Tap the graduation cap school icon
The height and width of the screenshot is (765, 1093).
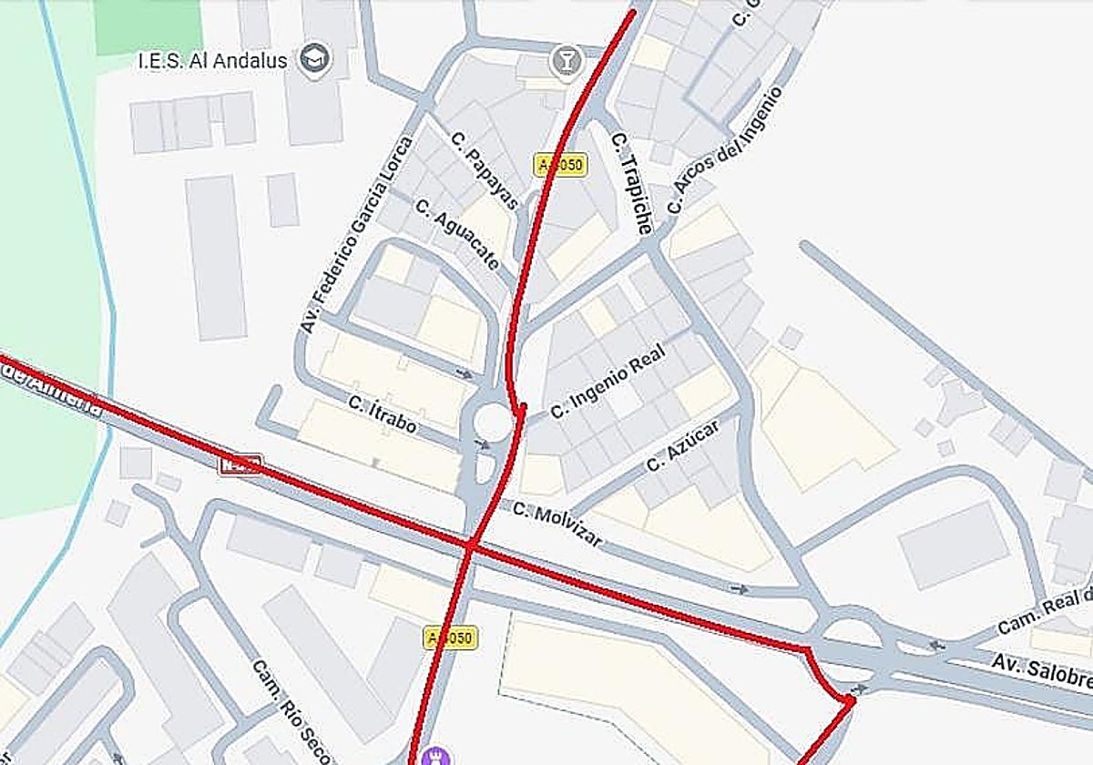tap(316, 59)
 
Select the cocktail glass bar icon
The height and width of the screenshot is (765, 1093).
tap(567, 61)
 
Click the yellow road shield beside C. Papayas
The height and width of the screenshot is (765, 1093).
tap(560, 165)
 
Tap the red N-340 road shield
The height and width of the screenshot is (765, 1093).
tap(240, 464)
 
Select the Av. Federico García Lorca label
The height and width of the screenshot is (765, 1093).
tap(354, 235)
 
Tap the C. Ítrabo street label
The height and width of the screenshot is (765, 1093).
tap(383, 414)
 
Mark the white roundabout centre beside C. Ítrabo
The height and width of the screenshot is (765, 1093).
tap(493, 422)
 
